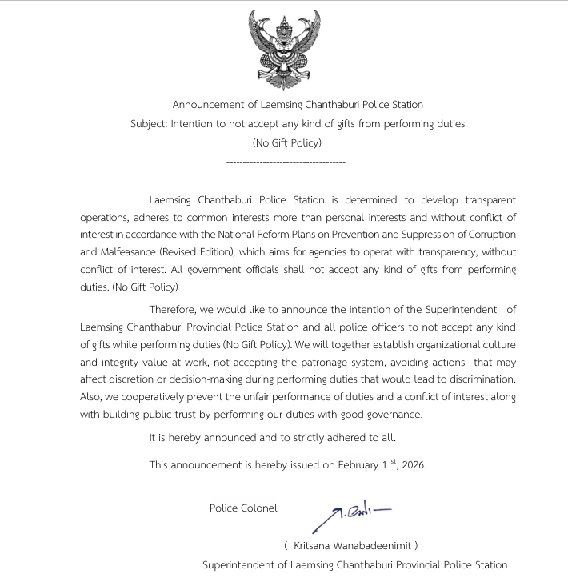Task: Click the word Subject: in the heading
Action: pyautogui.click(x=149, y=124)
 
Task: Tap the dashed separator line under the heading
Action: pyautogui.click(x=286, y=163)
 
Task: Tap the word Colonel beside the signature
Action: pyautogui.click(x=259, y=508)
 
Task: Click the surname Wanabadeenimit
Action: pyautogui.click(x=374, y=545)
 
